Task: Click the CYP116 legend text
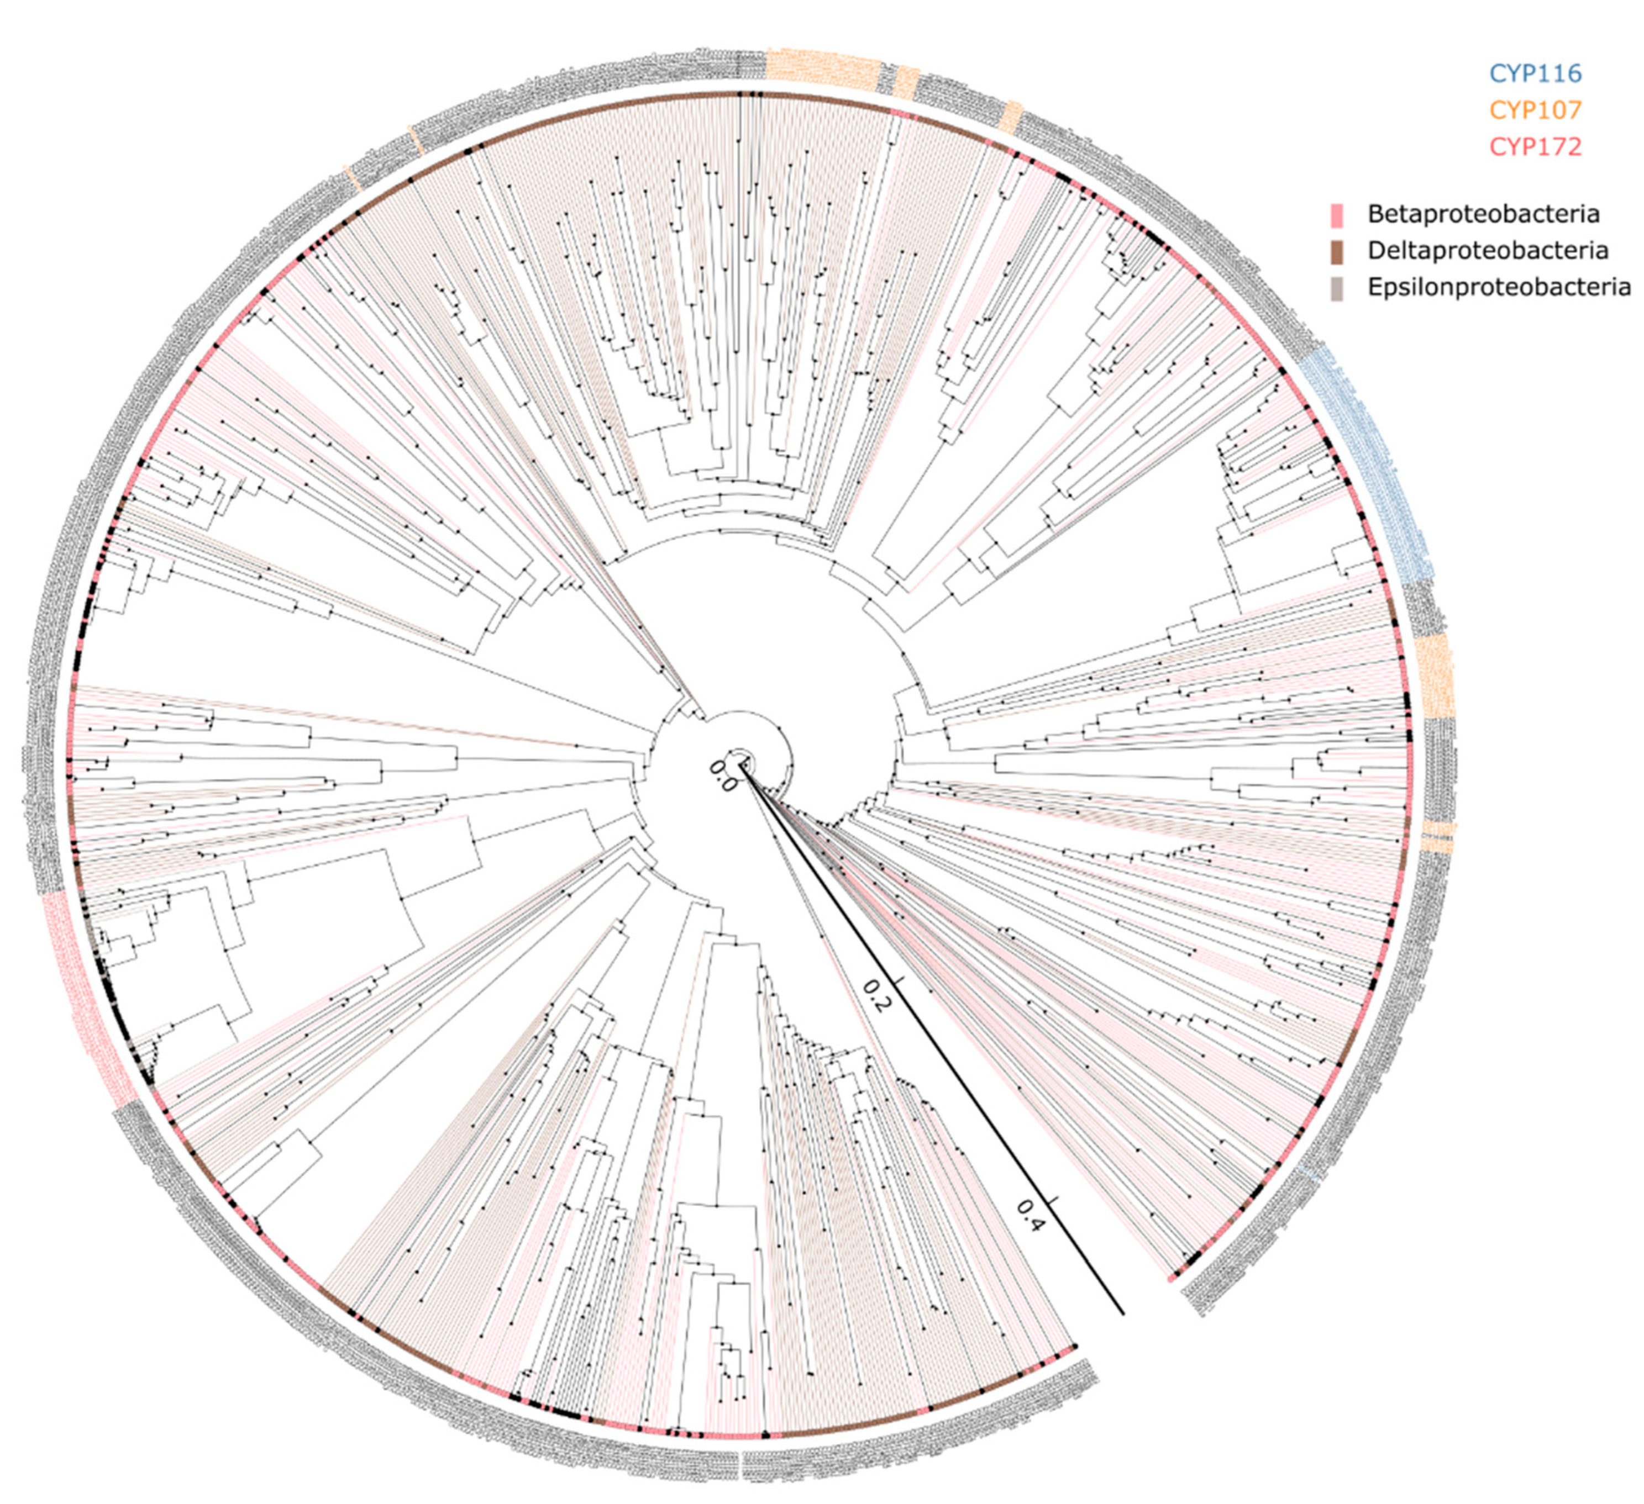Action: [x=1536, y=73]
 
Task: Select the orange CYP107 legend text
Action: [x=1536, y=110]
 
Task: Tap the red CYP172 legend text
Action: [x=1536, y=147]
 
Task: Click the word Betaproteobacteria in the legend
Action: [x=1483, y=214]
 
